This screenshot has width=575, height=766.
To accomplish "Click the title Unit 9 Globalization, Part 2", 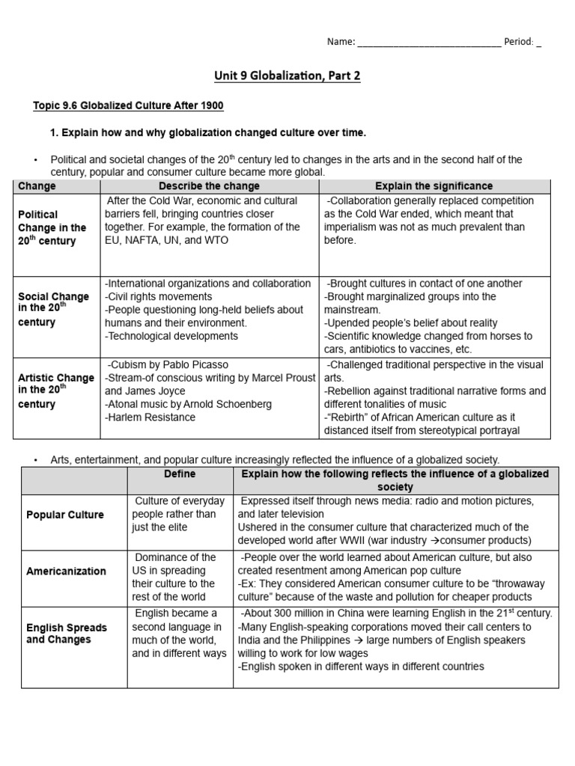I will tap(287, 76).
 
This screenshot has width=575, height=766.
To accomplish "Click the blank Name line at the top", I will tap(429, 42).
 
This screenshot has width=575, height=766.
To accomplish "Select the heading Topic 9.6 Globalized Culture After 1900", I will tap(128, 106).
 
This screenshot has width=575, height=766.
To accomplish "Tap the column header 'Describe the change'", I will tap(209, 186).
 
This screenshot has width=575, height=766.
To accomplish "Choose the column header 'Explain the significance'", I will tap(433, 186).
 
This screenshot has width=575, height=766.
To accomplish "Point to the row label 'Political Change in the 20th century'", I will tap(52, 227).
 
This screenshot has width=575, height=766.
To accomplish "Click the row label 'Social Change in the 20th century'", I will tap(53, 309).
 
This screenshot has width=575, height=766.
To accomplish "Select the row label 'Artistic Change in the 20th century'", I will tap(55, 390).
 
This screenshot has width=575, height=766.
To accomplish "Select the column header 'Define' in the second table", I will tap(180, 474).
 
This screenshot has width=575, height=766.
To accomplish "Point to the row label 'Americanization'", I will tap(66, 571).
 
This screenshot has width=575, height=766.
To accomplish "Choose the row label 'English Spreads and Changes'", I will tap(67, 634).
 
